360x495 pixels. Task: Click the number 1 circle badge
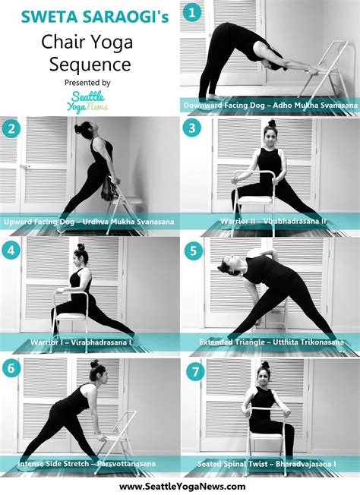194,13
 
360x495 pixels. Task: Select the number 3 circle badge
194,128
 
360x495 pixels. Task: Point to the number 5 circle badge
194,250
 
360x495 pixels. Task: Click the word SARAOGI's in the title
130,14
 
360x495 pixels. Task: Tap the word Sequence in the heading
90,62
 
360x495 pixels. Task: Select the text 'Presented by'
90,82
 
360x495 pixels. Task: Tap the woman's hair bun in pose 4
80,247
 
